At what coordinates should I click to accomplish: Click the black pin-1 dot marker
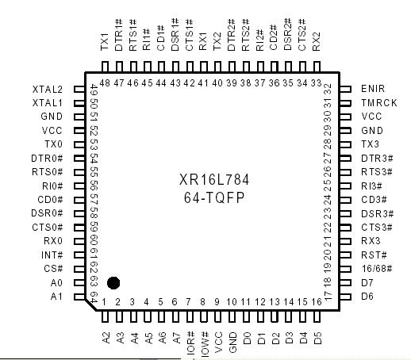coord(113,282)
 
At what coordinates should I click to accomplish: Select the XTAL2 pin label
coord(48,89)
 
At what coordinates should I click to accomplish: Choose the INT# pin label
coord(52,255)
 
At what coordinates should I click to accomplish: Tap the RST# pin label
coord(372,255)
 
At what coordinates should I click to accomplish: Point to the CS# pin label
coord(54,269)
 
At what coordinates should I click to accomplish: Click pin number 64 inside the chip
coord(94,297)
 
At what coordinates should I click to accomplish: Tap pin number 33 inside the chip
coord(317,82)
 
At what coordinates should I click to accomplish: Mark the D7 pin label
coord(367,282)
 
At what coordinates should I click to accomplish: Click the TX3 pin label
coord(370,144)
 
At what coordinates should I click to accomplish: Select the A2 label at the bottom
coord(105,337)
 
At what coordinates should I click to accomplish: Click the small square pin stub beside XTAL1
coord(79,102)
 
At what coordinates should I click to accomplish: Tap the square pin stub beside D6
coord(345,297)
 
